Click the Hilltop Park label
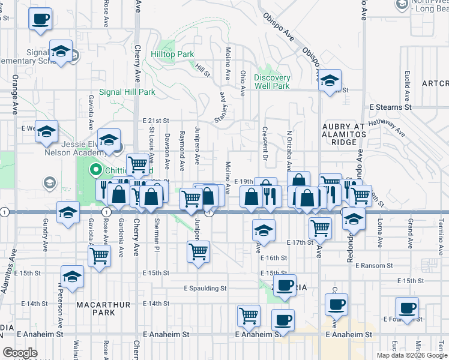click(172, 54)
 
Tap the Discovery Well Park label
click(272, 82)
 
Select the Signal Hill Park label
click(127, 92)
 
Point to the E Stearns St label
click(390, 107)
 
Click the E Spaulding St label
click(205, 288)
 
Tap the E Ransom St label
click(373, 265)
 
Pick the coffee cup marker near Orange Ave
click(40, 20)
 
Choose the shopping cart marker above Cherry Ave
click(137, 164)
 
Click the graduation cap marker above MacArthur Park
click(72, 277)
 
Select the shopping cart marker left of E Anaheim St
click(249, 315)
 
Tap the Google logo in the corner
click(20, 353)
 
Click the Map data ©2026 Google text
click(412, 355)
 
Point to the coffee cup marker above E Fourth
click(407, 308)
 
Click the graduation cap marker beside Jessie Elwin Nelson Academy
click(109, 140)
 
